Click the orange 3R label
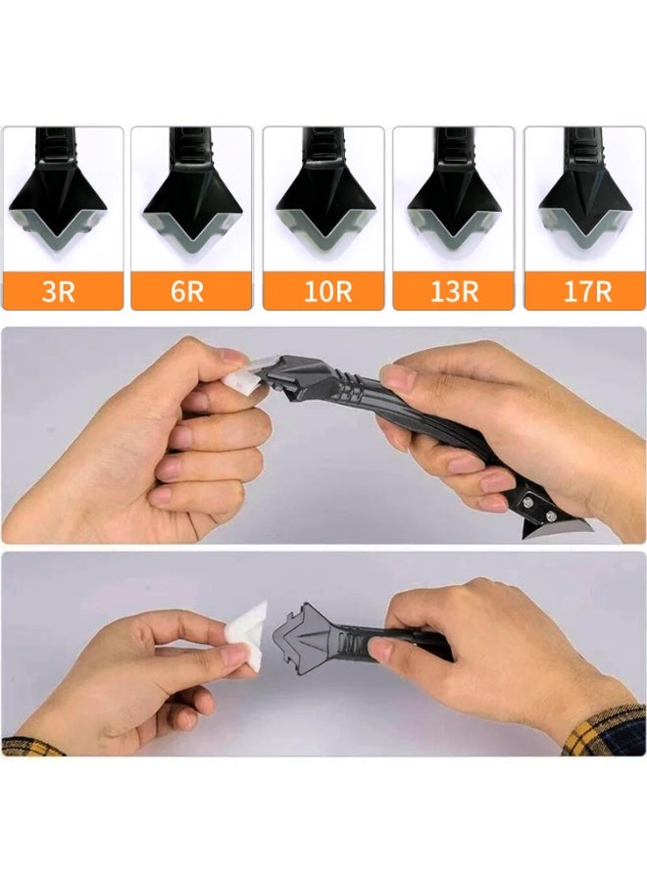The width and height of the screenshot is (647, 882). pos(62,291)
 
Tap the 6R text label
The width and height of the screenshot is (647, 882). pos(192,291)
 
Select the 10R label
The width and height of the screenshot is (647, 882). pos(323,291)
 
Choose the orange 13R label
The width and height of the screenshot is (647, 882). pos(454,291)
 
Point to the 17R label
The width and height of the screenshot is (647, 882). pos(585,291)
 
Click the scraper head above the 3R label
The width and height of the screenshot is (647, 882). pos(63,201)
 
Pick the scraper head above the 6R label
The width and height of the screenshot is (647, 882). pos(192,201)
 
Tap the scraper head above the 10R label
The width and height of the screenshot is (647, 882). pos(323,201)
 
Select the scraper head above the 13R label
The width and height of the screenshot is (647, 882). pos(454,201)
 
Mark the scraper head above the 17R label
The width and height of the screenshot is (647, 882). pos(585,201)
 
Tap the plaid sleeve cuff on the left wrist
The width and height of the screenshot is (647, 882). pos(29,746)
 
